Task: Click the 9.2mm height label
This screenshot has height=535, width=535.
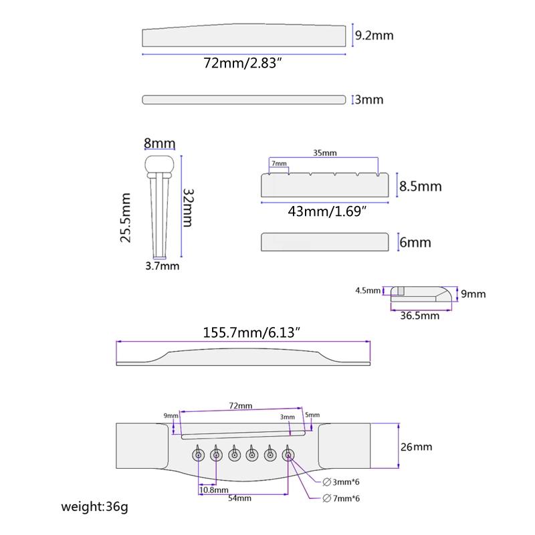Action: pyautogui.click(x=374, y=35)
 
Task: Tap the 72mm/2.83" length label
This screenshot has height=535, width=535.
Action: pyautogui.click(x=243, y=63)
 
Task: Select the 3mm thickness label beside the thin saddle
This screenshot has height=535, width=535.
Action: pyautogui.click(x=369, y=100)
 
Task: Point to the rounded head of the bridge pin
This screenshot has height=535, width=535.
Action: pyautogui.click(x=159, y=164)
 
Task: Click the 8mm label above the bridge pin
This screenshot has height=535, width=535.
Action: pyautogui.click(x=159, y=143)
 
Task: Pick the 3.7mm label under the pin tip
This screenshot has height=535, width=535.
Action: pyautogui.click(x=162, y=265)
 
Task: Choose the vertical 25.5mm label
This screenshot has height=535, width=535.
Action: pyautogui.click(x=126, y=218)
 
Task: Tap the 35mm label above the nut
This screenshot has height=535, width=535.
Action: pyautogui.click(x=325, y=153)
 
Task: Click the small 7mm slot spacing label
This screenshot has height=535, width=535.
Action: pyautogui.click(x=279, y=163)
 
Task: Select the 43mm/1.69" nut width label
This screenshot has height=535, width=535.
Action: pyautogui.click(x=327, y=211)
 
